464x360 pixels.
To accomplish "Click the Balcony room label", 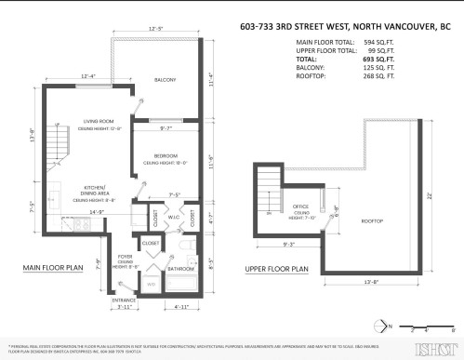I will [x=166, y=80].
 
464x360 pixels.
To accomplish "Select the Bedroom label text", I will [x=166, y=155].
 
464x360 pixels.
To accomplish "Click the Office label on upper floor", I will [x=299, y=207].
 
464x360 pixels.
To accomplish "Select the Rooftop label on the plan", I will [x=373, y=220].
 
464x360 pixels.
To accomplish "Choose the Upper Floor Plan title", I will [x=279, y=269].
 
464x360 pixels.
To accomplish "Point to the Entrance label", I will [x=124, y=300].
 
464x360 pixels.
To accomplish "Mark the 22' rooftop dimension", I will [x=431, y=194].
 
